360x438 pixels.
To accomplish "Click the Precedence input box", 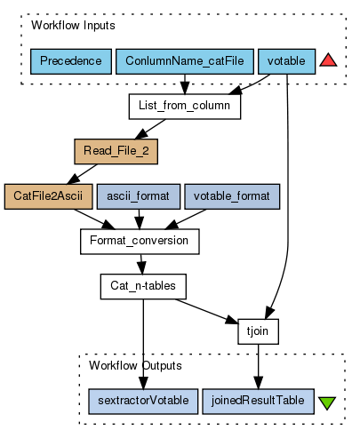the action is pos(71,61).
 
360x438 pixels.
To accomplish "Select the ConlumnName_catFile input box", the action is pos(185,61).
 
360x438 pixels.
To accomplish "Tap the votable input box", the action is pos(286,61).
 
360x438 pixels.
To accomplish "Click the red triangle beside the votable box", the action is pos(328,60).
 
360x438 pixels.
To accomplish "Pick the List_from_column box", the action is pos(185,107).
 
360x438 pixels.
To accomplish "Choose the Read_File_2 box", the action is pos(116,152).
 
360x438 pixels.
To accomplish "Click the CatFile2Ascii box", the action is pos(48,196).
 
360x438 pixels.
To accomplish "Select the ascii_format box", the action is pos(139,196).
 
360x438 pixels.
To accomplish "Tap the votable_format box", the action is pos(232,196).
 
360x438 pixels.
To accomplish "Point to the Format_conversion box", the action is pos(140,242).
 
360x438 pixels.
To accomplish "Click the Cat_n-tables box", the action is pos(143,286).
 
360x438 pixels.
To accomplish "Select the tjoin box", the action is pos(258,331).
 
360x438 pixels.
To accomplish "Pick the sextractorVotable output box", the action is pos(143,402).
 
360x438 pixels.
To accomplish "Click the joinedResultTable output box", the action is pos(258,402).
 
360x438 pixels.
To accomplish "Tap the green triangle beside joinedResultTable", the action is pos(327,403).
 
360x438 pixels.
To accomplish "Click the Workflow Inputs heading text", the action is pos(73,26).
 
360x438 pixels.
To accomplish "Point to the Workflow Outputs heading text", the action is pos(135,366).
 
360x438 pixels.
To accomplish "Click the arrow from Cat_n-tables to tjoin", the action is pos(206,311).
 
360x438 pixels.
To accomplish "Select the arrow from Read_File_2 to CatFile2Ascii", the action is pos(83,174).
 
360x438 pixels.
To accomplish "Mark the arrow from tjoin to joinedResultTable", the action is pos(258,367).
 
